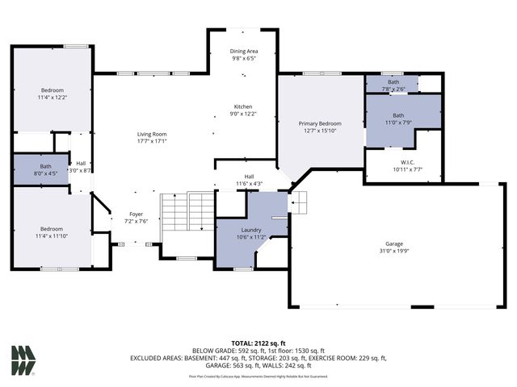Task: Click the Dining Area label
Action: click(243, 52)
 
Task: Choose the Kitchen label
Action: click(243, 106)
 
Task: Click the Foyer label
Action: click(136, 214)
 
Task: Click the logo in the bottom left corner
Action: click(23, 360)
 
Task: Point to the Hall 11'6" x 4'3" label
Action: click(250, 179)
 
